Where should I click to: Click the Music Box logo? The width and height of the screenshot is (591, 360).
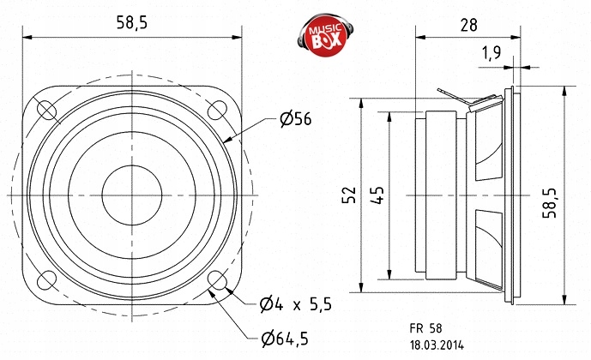click(325, 33)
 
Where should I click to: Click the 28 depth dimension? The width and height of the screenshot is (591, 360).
click(468, 25)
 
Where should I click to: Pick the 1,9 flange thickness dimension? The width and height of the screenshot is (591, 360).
click(491, 53)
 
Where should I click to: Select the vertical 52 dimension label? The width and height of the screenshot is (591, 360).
click(348, 195)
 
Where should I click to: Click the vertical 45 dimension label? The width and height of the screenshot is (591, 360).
click(377, 195)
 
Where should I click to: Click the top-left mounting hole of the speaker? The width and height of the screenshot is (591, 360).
click(45, 110)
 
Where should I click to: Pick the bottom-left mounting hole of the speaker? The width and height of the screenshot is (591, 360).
click(45, 280)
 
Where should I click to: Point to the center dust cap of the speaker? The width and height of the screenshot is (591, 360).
click(131, 195)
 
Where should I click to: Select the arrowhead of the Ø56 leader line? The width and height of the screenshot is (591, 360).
click(226, 139)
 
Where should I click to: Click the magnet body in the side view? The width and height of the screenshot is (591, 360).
click(442, 195)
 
